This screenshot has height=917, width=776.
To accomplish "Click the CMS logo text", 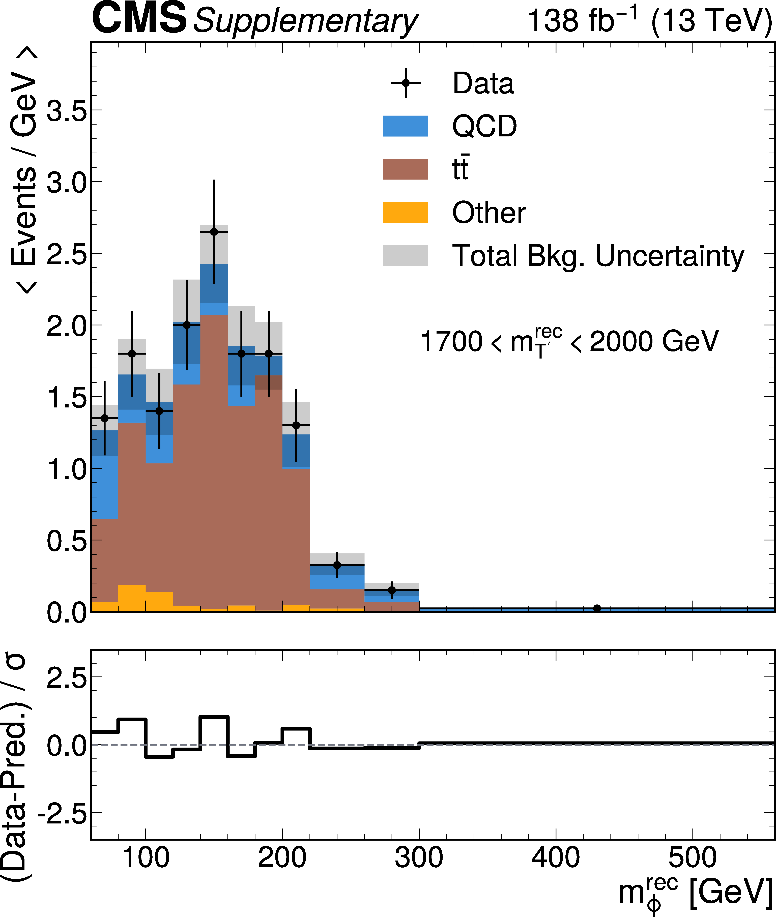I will (139, 18).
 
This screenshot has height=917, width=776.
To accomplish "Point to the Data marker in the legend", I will (406, 83).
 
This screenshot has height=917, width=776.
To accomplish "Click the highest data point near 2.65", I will (214, 232).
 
